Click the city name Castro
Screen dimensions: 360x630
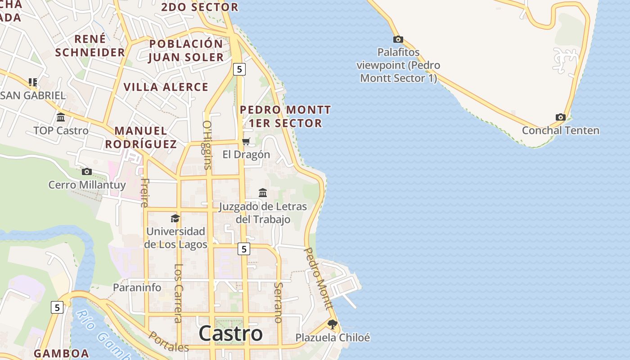pyautogui.click(x=230, y=333)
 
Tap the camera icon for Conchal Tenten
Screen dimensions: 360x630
pyautogui.click(x=560, y=117)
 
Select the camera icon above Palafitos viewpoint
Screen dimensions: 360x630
pyautogui.click(x=398, y=40)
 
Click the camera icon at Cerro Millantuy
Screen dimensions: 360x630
pyautogui.click(x=87, y=171)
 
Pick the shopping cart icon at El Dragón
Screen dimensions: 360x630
pyautogui.click(x=246, y=142)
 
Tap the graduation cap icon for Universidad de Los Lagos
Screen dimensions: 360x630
pyautogui.click(x=175, y=219)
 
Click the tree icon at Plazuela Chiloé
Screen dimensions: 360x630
pyautogui.click(x=332, y=324)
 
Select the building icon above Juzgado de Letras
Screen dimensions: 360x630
pyautogui.click(x=263, y=193)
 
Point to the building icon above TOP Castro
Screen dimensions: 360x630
pyautogui.click(x=61, y=117)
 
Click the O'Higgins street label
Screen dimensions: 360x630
pyautogui.click(x=207, y=144)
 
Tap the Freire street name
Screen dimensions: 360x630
pyautogui.click(x=144, y=193)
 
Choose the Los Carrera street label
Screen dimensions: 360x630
pyautogui.click(x=178, y=293)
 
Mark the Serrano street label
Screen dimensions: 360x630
pyautogui.click(x=278, y=302)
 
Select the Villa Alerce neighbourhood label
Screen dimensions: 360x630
pyautogui.click(x=166, y=87)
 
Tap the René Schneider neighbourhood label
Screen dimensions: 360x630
pyautogui.click(x=90, y=45)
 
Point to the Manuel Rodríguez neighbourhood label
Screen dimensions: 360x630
pyautogui.click(x=140, y=137)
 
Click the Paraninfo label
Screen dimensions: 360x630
pyautogui.click(x=137, y=287)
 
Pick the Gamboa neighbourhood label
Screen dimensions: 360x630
pyautogui.click(x=61, y=353)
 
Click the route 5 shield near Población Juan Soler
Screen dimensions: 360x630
pyautogui.click(x=239, y=69)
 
